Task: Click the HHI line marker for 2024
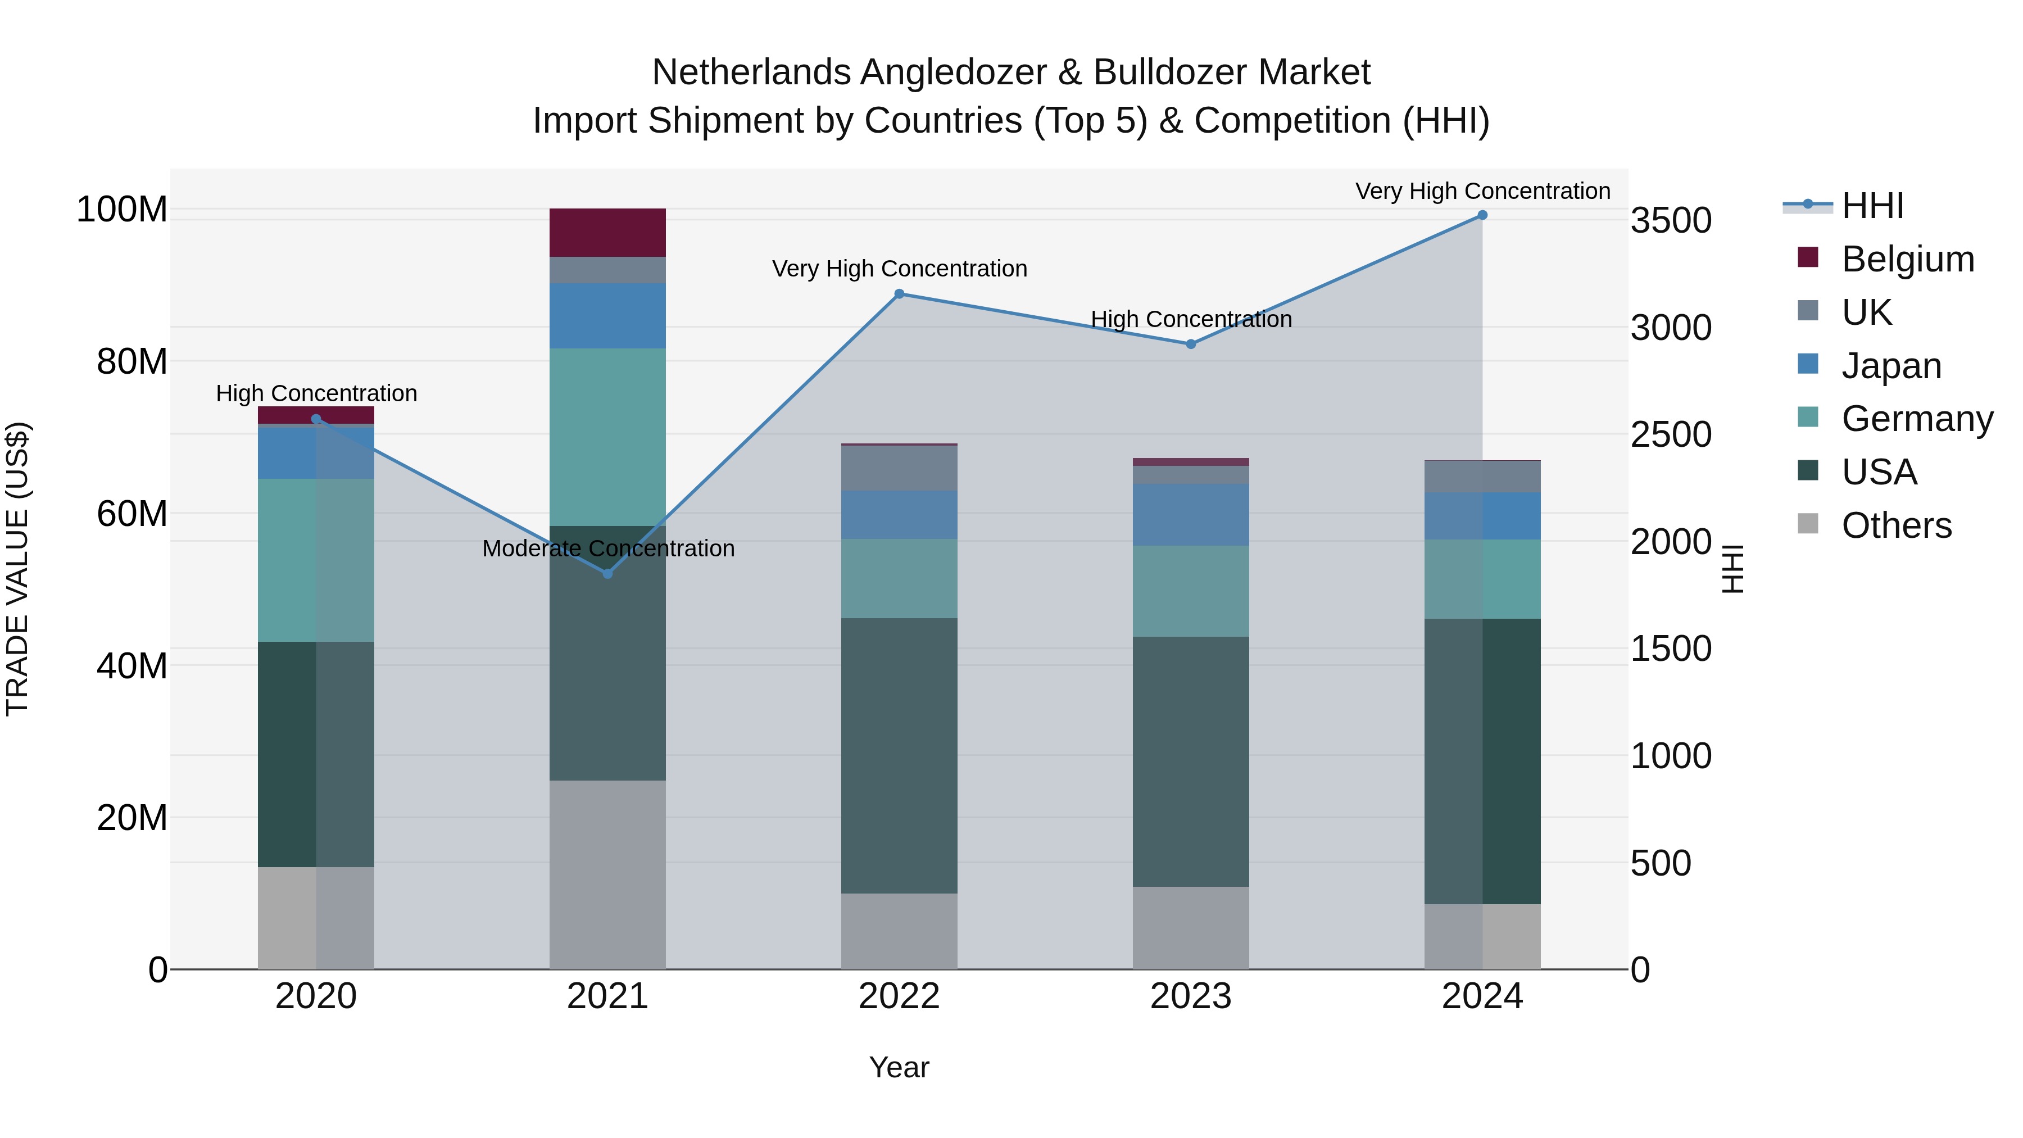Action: tap(1482, 215)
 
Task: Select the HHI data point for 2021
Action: tap(607, 574)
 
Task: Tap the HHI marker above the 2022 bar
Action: tap(899, 294)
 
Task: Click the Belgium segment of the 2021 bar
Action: tap(607, 233)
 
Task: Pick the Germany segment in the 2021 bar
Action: tap(607, 437)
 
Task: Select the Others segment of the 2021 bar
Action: tap(607, 873)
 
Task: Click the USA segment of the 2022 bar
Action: tap(899, 755)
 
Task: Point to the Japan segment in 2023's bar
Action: tap(1191, 514)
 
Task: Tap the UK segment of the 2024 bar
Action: tap(1482, 477)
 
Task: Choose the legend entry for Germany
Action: tap(1917, 419)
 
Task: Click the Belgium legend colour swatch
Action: tap(1808, 257)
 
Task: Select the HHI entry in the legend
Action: tap(1872, 206)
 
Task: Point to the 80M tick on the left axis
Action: tap(132, 362)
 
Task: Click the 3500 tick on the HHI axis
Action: tap(1671, 221)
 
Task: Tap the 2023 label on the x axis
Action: tap(1191, 996)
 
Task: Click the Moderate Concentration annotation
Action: tap(608, 548)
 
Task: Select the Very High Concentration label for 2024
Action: tap(1482, 191)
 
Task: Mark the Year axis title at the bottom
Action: tap(899, 1067)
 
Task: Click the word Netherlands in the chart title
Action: tap(751, 72)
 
